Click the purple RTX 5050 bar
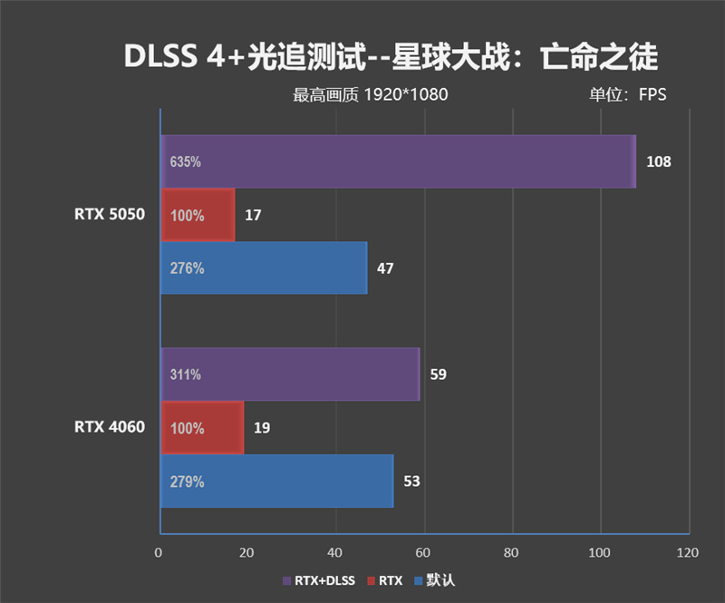(x=399, y=161)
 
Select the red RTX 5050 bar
(x=198, y=215)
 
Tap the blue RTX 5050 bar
(x=264, y=267)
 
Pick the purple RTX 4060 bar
(x=290, y=374)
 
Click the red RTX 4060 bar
(x=202, y=427)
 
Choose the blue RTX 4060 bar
(x=276, y=481)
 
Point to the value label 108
(x=659, y=162)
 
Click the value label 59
(x=439, y=374)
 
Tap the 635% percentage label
(x=185, y=162)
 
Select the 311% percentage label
(x=185, y=374)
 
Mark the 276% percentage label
(x=187, y=268)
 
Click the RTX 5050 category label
(x=110, y=215)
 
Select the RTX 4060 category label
(x=110, y=427)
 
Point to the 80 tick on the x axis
(x=512, y=552)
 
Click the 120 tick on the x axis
(x=688, y=552)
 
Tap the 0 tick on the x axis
(x=160, y=552)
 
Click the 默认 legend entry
(x=434, y=580)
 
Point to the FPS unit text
(x=652, y=94)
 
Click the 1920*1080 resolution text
(x=406, y=94)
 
